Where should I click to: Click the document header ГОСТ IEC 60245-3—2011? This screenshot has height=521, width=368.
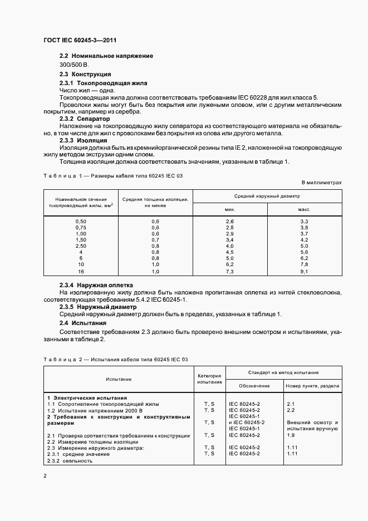tap(80, 40)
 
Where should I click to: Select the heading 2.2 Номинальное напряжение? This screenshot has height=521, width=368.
tap(106, 56)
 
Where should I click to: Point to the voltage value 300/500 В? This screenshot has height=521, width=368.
tap(74, 65)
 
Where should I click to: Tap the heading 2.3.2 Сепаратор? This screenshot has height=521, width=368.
tap(85, 119)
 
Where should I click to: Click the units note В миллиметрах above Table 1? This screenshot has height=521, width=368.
tap(321, 182)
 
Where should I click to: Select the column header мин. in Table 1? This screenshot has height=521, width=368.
tap(229, 209)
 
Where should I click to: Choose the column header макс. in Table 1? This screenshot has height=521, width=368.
tap(304, 209)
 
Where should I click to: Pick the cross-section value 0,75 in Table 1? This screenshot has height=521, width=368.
tap(81, 228)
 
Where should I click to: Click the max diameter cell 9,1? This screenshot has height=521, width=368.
tap(304, 271)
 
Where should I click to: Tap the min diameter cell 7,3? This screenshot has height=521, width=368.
tap(229, 271)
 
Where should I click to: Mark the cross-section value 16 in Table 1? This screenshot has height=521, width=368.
tap(81, 271)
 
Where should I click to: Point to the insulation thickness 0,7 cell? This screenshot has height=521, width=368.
tap(155, 240)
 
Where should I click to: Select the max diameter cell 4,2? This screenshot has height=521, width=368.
tap(304, 240)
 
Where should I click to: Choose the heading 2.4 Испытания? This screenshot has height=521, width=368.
tap(83, 323)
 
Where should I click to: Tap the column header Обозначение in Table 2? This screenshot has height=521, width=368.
tap(254, 386)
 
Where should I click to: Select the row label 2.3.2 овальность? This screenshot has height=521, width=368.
tap(70, 460)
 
